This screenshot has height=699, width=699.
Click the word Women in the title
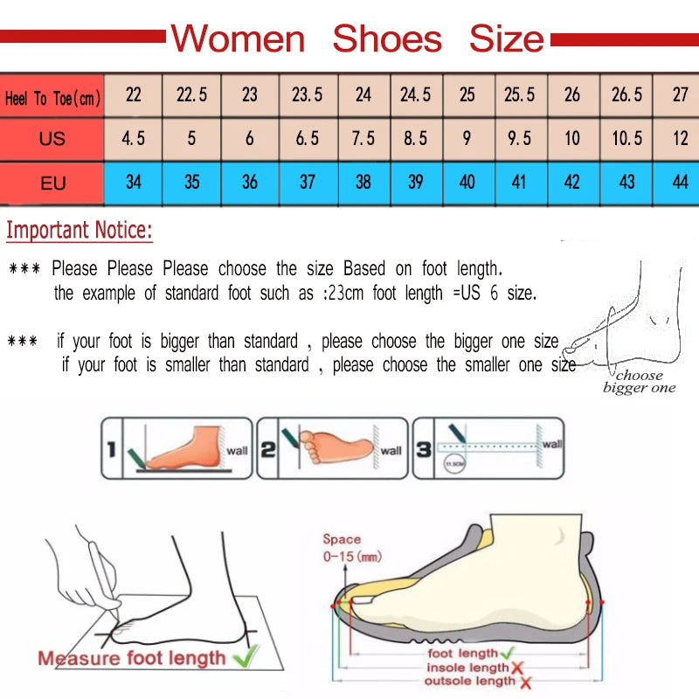(238, 39)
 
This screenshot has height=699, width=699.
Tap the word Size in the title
(506, 39)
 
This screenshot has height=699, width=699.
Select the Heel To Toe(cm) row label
(52, 98)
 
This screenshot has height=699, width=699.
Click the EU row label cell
(52, 183)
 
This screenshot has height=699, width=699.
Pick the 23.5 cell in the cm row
(307, 94)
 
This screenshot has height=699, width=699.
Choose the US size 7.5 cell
(363, 138)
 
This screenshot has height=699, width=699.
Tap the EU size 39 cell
(415, 182)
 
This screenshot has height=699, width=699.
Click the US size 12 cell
(680, 138)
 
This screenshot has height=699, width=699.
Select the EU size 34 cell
(134, 182)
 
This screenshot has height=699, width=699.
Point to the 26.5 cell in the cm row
(626, 94)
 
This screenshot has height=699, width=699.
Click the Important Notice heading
(80, 232)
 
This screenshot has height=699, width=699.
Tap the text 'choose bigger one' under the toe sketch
(640, 382)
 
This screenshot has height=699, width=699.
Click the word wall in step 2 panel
(391, 451)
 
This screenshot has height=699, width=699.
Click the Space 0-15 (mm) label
(351, 548)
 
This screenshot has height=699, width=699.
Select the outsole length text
(471, 681)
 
